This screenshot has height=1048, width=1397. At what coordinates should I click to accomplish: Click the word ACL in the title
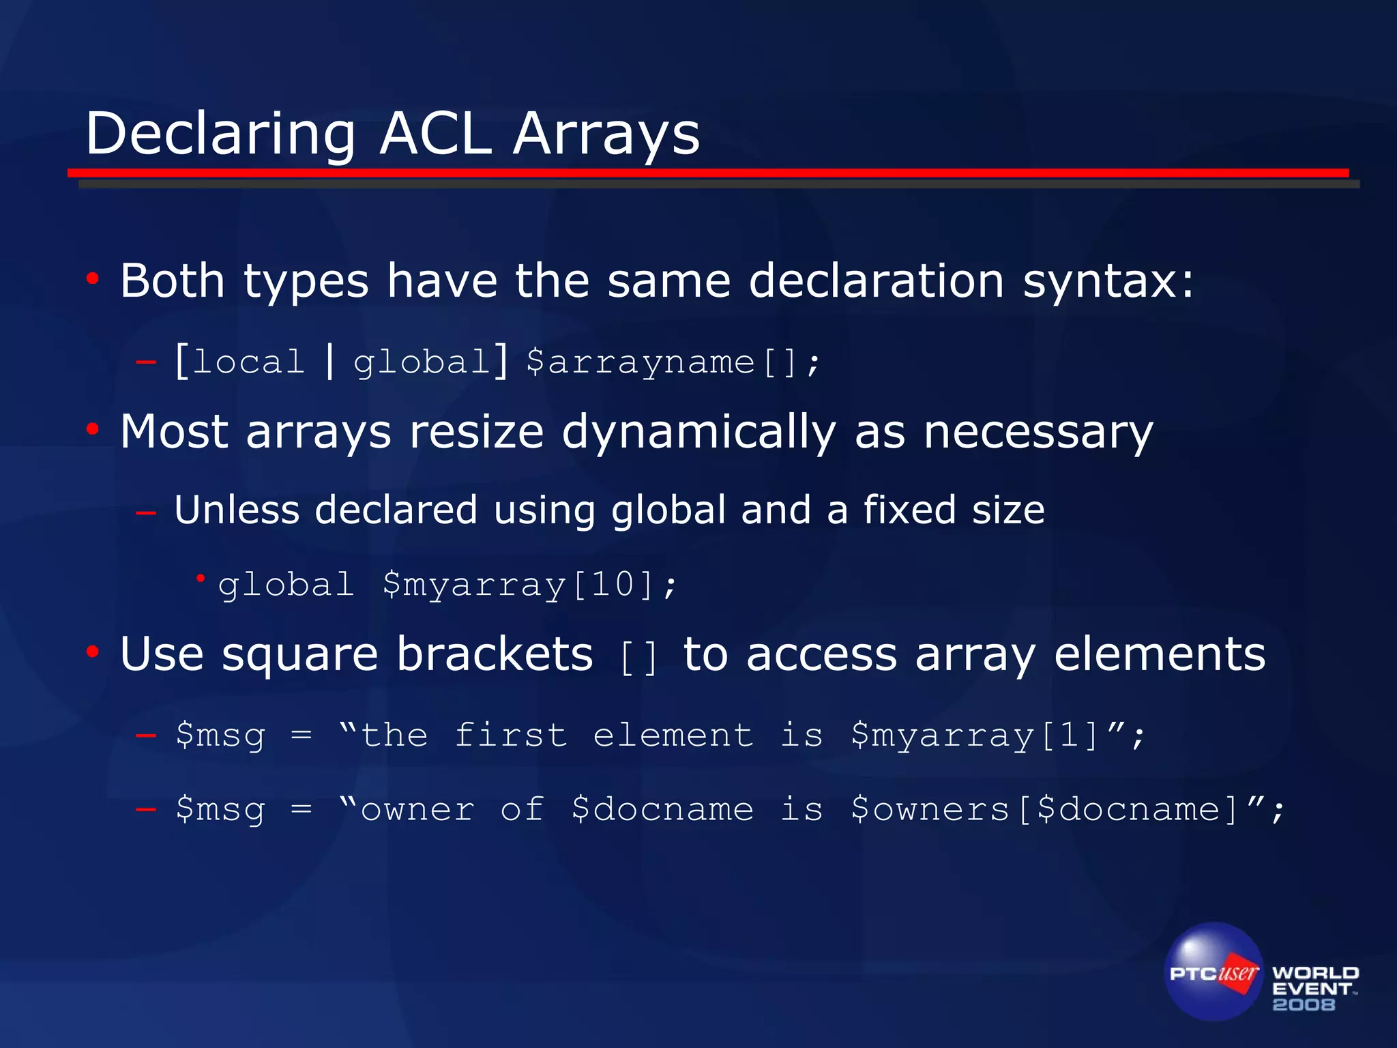click(435, 134)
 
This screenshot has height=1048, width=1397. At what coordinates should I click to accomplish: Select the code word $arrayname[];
click(673, 362)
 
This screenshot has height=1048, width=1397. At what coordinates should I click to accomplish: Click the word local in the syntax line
click(248, 362)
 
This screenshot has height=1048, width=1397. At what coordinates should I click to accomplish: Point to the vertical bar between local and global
click(330, 362)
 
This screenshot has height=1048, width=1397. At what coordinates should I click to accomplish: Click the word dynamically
click(698, 433)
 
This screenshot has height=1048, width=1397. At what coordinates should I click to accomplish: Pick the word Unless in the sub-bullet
click(237, 510)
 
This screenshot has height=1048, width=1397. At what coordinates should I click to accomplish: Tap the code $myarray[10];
click(529, 585)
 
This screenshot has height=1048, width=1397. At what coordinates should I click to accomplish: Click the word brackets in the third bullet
click(495, 654)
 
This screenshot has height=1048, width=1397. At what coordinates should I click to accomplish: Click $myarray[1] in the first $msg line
click(975, 736)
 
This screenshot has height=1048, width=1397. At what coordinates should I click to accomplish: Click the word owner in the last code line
click(417, 810)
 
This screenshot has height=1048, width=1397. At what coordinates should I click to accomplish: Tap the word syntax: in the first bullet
click(1108, 281)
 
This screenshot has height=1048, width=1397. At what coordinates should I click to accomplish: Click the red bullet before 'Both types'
click(93, 278)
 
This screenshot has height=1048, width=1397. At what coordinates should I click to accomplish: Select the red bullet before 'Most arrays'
click(93, 430)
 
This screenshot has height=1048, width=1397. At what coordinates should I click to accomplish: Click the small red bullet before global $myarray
click(201, 579)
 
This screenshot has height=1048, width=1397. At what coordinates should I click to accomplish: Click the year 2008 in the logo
click(1304, 1004)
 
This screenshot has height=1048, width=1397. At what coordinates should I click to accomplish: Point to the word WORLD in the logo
click(1315, 973)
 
